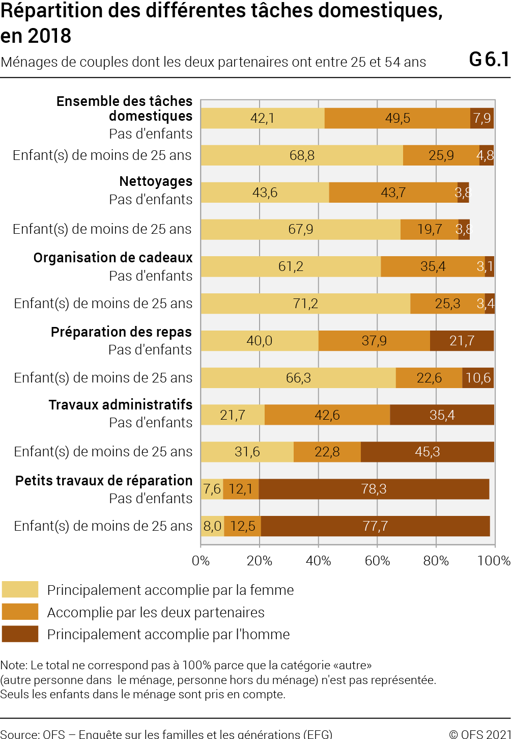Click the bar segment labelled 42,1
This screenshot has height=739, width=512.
[263, 118]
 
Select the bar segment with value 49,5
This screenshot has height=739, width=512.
[397, 118]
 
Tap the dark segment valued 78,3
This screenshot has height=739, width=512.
[374, 489]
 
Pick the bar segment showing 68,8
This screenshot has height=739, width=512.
[302, 155]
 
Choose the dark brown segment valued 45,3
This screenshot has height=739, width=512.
[428, 452]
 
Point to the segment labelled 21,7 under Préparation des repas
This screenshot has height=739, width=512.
[462, 340]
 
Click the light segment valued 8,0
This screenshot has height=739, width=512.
[213, 526]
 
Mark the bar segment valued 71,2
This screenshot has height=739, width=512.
[305, 303]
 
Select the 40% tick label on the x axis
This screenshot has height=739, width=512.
[318, 561]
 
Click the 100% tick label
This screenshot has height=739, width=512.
[494, 561]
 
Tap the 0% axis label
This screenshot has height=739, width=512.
[201, 561]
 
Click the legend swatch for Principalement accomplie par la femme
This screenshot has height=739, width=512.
[20, 589]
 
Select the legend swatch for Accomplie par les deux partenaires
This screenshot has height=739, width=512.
[20, 612]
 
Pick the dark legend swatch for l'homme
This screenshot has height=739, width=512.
[20, 634]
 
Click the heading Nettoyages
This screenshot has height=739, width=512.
[156, 181]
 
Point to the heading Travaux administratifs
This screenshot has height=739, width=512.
[120, 404]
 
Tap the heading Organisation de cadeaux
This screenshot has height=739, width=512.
[113, 258]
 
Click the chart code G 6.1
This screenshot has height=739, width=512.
[489, 60]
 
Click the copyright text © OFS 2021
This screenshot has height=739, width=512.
[480, 734]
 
